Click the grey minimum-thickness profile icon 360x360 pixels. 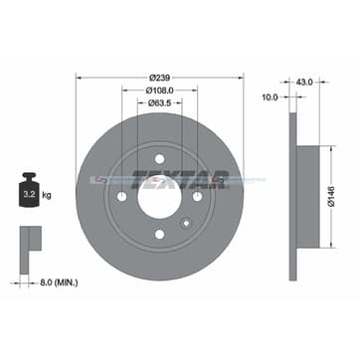point(29,243)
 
